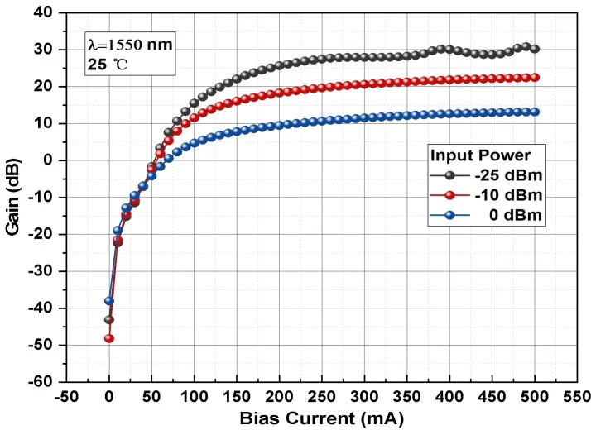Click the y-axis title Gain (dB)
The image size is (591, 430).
coord(14,197)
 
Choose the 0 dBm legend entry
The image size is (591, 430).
coord(488,216)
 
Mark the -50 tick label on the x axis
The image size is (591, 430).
coord(66,396)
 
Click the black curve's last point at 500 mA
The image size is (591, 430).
coord(535,49)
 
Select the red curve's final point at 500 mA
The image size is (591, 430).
coord(535,78)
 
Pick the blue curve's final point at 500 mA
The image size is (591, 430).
coord(535,112)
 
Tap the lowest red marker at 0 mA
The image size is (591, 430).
coord(109,338)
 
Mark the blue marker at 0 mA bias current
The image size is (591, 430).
coord(109,301)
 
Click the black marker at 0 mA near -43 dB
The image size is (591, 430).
coord(109,320)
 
